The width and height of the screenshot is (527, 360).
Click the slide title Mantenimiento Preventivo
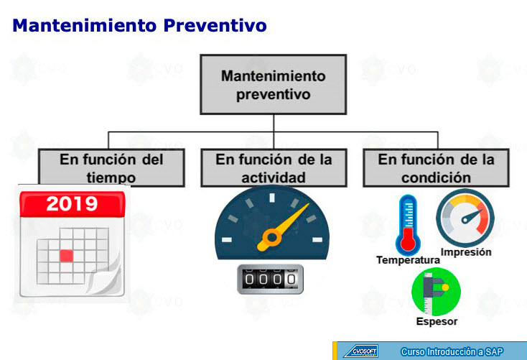click(x=139, y=26)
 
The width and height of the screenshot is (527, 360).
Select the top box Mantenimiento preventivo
click(x=274, y=85)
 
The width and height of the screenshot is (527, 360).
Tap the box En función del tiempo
click(x=111, y=167)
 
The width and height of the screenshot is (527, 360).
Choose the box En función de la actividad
click(x=274, y=167)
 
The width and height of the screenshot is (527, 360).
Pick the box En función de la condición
click(x=436, y=167)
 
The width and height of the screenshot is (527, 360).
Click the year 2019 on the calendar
click(x=72, y=204)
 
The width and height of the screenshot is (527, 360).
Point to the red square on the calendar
click(x=67, y=256)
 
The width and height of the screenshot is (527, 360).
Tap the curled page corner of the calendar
click(x=105, y=276)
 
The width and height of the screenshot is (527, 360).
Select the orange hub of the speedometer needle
click(x=272, y=238)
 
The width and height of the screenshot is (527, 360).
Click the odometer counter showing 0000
click(x=270, y=280)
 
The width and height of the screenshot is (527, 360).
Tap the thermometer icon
click(x=408, y=225)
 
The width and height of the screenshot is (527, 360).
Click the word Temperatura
click(x=408, y=260)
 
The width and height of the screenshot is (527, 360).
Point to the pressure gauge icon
click(x=465, y=218)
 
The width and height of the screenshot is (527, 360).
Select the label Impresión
click(x=466, y=252)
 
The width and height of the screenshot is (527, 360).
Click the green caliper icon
click(x=437, y=291)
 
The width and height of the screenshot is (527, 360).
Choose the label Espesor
click(x=437, y=321)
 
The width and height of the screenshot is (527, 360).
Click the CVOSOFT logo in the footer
click(x=361, y=351)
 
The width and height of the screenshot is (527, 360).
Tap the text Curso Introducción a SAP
click(x=452, y=352)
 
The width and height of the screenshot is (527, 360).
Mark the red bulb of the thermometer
click(x=408, y=241)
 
